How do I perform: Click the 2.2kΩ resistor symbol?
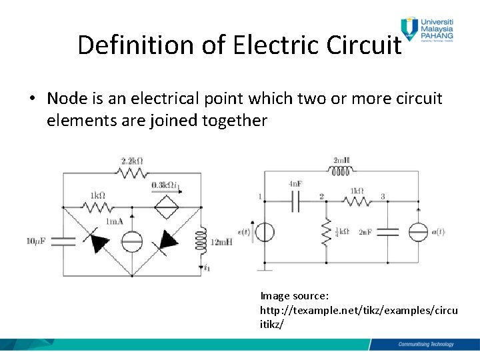tap(132, 173)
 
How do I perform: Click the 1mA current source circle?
tap(132, 241)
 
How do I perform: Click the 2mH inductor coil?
tap(341, 171)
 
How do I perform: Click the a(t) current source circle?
tap(417, 231)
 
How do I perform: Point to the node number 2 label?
tap(322, 197)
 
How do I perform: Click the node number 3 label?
tap(383, 197)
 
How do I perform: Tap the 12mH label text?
tap(222, 241)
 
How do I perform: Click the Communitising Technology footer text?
tap(425, 344)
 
